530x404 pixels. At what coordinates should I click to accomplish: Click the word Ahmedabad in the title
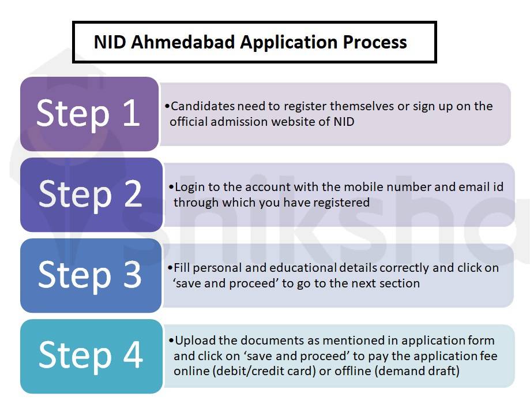(183, 42)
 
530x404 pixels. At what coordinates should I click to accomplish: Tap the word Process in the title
(374, 42)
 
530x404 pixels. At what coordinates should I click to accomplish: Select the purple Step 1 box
(89, 114)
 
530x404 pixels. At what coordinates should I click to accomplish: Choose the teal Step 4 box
(91, 356)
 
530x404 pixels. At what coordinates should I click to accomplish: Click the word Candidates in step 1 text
(202, 106)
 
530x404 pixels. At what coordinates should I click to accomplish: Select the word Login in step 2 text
(190, 187)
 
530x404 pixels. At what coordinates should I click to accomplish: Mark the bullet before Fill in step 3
(170, 268)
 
